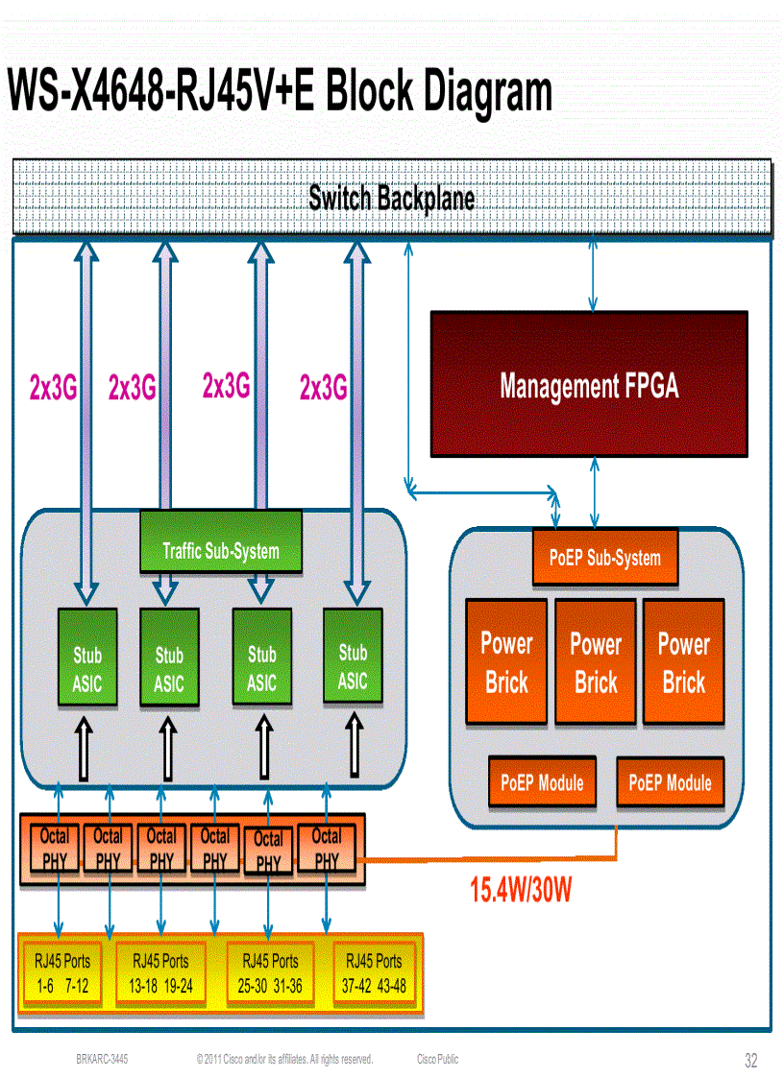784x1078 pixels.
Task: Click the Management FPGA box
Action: (x=588, y=384)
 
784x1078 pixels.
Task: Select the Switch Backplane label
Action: (x=391, y=199)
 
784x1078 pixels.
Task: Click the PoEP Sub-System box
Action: (x=604, y=558)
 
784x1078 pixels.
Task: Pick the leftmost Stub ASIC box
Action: (x=87, y=657)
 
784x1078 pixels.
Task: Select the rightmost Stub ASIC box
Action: (x=353, y=655)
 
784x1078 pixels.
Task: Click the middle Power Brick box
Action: (x=596, y=662)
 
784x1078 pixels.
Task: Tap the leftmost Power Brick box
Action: (x=506, y=662)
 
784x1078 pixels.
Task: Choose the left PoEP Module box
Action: (x=542, y=782)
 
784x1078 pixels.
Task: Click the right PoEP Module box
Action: (x=670, y=782)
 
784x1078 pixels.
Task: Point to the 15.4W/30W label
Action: (x=521, y=891)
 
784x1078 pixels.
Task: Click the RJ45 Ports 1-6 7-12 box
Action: (x=61, y=973)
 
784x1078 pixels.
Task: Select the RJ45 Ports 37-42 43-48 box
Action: (x=374, y=973)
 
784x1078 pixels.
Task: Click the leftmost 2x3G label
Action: (x=53, y=388)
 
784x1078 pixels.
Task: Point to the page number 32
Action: (x=750, y=1061)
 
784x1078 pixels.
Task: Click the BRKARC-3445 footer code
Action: (x=102, y=1060)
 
